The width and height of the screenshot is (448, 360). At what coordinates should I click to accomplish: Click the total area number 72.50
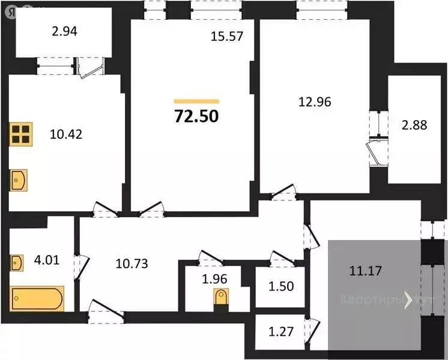click(196, 116)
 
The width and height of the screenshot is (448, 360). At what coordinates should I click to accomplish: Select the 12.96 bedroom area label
click(314, 101)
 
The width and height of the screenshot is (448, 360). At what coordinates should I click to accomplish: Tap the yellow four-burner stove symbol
click(20, 134)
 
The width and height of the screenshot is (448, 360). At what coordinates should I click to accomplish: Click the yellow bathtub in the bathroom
click(37, 298)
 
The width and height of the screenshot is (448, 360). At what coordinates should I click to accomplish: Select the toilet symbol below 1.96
click(222, 298)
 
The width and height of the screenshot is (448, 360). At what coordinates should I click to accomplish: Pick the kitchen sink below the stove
click(19, 178)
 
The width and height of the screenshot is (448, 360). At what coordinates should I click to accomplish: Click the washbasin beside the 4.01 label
click(17, 262)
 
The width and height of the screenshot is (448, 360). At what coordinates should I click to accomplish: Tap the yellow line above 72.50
click(196, 101)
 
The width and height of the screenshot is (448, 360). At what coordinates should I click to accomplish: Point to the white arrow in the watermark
click(409, 299)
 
